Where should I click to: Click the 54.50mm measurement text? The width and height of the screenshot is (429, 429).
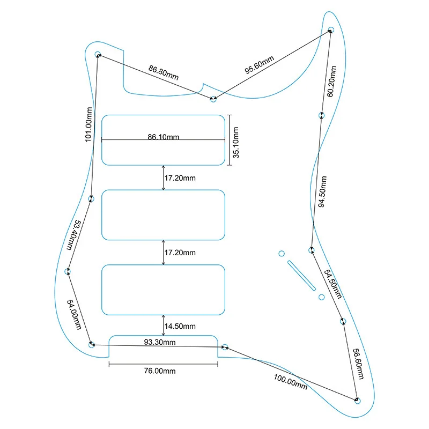point(332,284)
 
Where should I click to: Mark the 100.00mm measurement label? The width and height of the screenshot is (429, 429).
point(290,379)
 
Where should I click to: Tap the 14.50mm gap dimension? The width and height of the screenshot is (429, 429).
point(180,326)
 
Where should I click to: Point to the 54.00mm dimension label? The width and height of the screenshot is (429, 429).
point(75,315)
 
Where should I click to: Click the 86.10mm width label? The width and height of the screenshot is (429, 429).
point(164,137)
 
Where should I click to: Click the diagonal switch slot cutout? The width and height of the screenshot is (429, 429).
point(301,275)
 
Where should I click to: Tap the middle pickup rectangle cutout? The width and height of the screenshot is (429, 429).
point(164,214)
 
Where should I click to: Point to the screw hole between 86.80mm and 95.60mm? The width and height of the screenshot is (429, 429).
point(213,99)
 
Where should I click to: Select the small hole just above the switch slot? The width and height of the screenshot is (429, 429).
point(281,253)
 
